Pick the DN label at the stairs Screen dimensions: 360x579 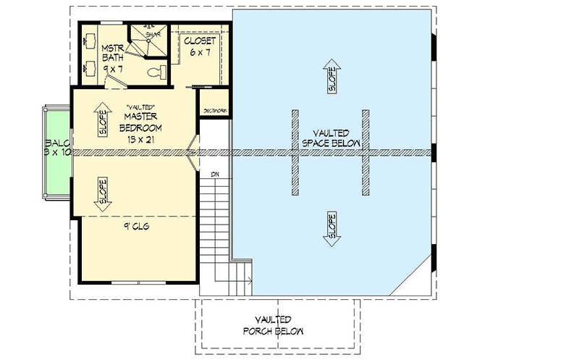click(x=215, y=175)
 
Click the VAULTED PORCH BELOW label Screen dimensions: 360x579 click(x=273, y=325)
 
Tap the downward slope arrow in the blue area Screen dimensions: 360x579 click(x=331, y=228)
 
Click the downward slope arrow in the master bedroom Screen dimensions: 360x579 click(x=102, y=193)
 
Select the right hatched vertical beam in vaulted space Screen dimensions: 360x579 click(x=365, y=152)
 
